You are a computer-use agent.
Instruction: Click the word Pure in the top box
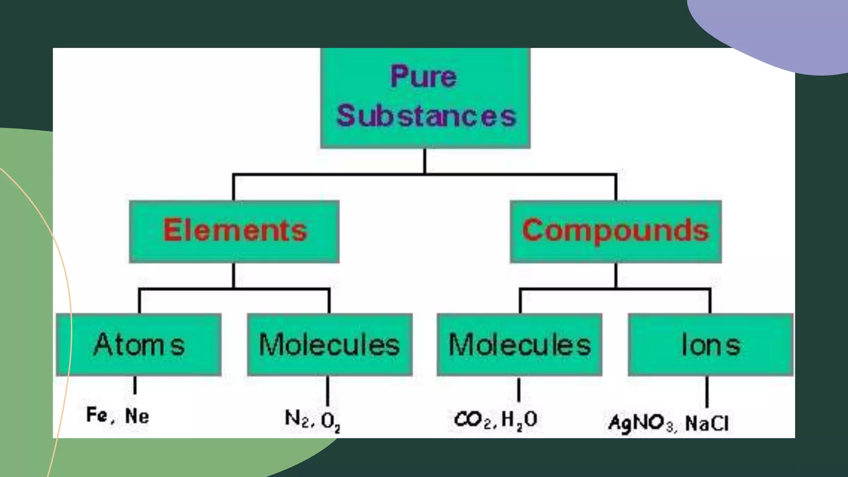[x=424, y=77]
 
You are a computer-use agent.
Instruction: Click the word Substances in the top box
[x=426, y=116]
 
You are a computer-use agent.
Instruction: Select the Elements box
[x=234, y=231]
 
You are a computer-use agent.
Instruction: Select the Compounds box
[x=616, y=231]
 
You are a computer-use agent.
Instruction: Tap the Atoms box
[x=139, y=344]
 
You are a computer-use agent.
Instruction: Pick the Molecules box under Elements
[x=330, y=344]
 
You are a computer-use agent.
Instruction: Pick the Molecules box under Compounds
[x=520, y=344]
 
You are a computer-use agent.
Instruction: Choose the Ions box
[x=711, y=344]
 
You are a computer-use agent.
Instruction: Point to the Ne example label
[x=137, y=416]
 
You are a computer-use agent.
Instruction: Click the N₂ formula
[x=296, y=419]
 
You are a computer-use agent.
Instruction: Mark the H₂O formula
[x=519, y=420]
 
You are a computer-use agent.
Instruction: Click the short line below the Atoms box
[x=135, y=385]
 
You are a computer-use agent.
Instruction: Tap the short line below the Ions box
[x=707, y=392]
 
